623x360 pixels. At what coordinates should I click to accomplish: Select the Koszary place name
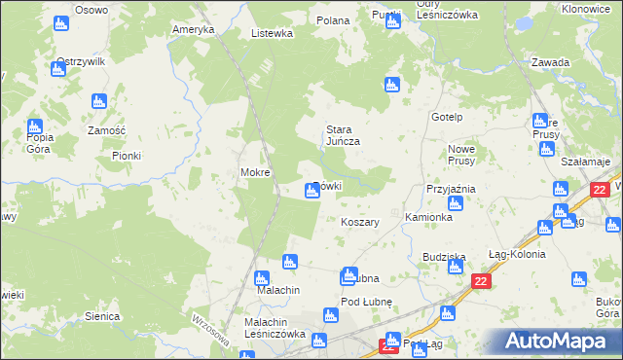[360, 222]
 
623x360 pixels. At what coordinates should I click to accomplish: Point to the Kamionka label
[428, 217]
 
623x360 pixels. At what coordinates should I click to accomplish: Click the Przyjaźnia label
[450, 189]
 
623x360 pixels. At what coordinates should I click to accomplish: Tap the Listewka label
[272, 33]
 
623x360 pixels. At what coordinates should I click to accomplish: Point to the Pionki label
[127, 156]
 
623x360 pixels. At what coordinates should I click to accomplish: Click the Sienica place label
[102, 316]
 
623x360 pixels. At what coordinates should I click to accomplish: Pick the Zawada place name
[550, 62]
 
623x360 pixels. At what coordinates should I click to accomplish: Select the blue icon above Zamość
[98, 101]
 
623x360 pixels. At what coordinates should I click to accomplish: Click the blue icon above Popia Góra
[35, 126]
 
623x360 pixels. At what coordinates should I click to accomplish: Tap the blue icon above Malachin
[288, 261]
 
